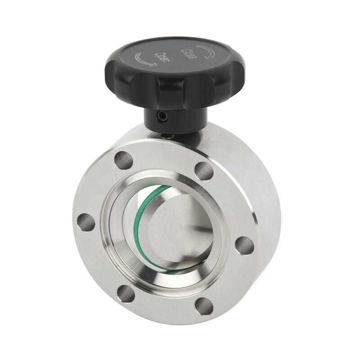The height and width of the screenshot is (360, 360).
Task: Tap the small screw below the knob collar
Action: (x=167, y=135)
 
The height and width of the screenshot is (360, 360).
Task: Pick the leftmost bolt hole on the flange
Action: (x=86, y=222)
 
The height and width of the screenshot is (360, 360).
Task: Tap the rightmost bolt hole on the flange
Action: (x=244, y=245)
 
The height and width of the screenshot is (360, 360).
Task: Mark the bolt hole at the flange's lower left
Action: (x=126, y=293)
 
